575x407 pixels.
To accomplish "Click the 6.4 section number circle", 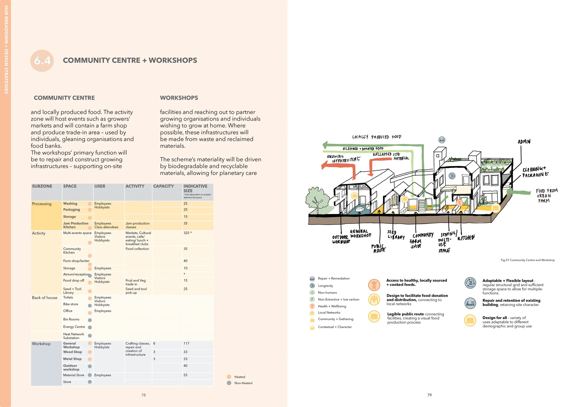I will coord(42,61).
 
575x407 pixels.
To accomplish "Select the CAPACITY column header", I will coord(163,186).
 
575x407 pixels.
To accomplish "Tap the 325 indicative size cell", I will coord(187,233).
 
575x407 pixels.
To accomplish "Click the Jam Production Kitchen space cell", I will coord(76,225).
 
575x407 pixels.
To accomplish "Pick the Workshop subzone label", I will coord(41,344).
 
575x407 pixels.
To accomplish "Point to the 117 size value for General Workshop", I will coord(186,343).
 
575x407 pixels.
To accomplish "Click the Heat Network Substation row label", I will coord(74,336).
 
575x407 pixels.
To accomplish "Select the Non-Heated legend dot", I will coord(229,383).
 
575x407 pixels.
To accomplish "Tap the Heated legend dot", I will coord(229,377).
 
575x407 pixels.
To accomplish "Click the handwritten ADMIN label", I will coord(524,142).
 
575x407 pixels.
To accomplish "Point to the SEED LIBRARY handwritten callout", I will coord(395,235).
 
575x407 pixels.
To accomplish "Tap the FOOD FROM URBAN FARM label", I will coord(546,196).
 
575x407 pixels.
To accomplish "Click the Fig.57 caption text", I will coord(528,260).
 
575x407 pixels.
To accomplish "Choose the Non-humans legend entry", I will coord(327,292).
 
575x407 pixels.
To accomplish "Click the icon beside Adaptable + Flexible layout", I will coord(470,283).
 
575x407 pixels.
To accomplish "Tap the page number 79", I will coord(429,395).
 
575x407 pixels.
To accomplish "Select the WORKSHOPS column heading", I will coord(179,98).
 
